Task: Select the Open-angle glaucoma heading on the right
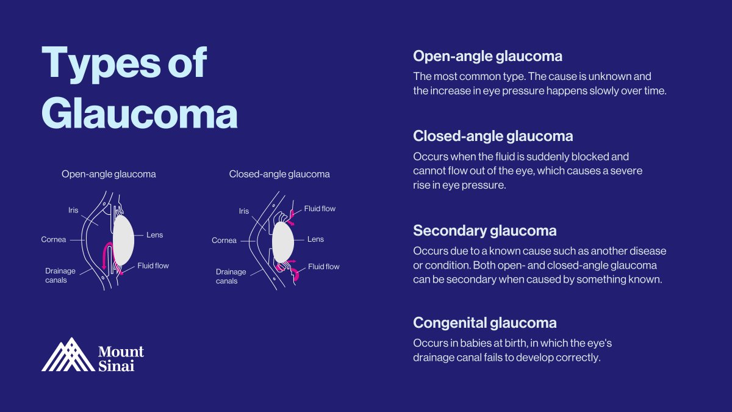(x=487, y=56)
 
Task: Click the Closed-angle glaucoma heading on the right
(x=493, y=136)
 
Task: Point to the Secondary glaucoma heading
(x=484, y=231)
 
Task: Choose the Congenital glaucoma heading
(x=484, y=322)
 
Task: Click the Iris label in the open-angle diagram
(x=73, y=211)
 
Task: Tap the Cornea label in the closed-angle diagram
(x=224, y=240)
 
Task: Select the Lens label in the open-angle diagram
(x=155, y=235)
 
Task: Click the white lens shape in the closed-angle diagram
(x=283, y=241)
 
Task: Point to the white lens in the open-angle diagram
(x=124, y=239)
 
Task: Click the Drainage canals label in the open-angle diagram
(x=56, y=275)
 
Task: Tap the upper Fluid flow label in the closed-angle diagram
(x=320, y=209)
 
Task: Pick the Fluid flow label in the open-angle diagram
(x=153, y=266)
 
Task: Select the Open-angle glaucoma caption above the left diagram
(x=109, y=174)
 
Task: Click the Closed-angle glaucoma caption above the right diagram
(x=279, y=174)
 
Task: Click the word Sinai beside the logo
(x=112, y=365)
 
